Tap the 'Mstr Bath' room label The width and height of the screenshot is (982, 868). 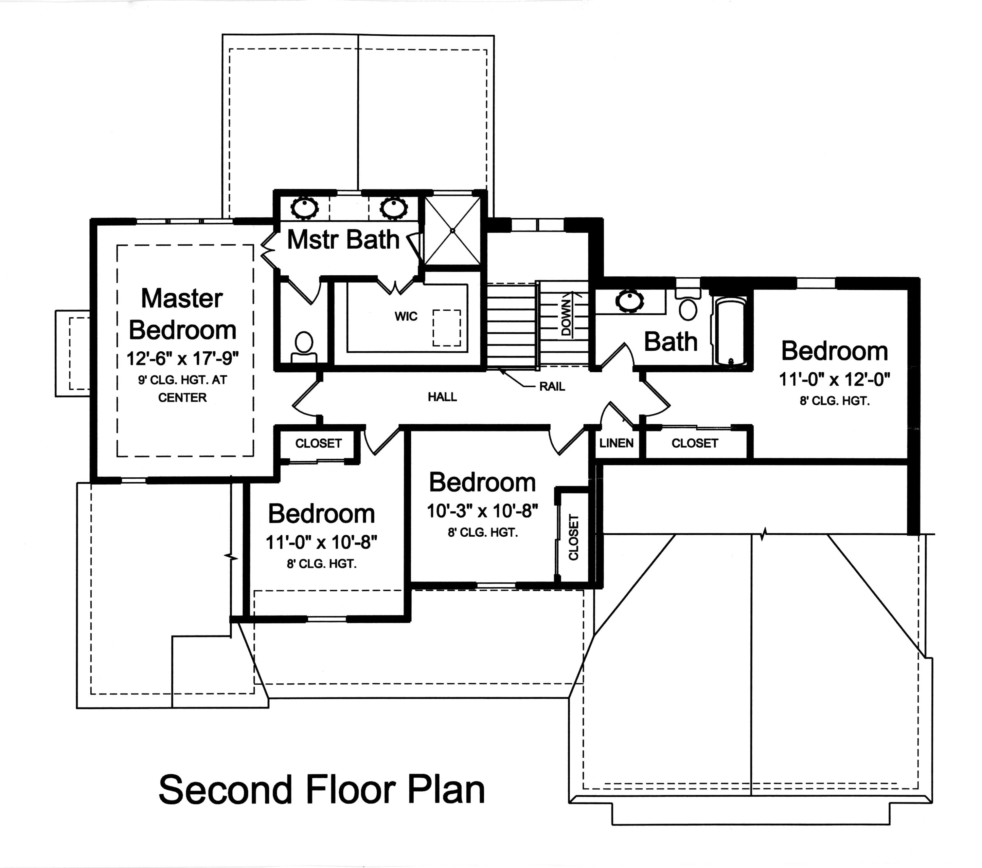click(x=343, y=239)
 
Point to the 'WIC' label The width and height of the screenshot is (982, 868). click(x=406, y=316)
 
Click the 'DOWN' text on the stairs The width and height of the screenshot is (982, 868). click(x=567, y=318)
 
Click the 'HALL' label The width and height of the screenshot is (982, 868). click(x=442, y=397)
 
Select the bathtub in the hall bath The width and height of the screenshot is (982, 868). click(x=730, y=332)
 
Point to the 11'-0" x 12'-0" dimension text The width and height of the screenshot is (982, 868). click(x=834, y=380)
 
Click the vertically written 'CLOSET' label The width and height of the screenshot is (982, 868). click(x=574, y=537)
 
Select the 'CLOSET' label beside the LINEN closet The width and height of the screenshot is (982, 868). click(x=694, y=443)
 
